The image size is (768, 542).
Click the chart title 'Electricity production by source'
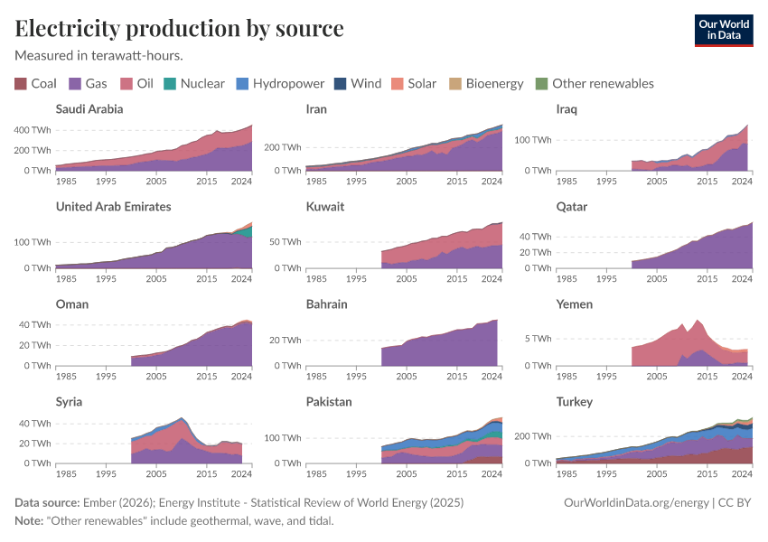pyautogui.click(x=179, y=29)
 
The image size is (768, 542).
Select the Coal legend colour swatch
pyautogui.click(x=21, y=84)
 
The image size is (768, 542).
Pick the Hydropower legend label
pyautogui.click(x=288, y=84)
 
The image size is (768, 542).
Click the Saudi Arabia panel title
pyautogui.click(x=89, y=109)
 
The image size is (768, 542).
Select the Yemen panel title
pyautogui.click(x=575, y=304)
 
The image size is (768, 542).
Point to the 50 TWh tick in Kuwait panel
pyautogui.click(x=286, y=243)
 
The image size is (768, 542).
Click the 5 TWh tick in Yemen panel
pyautogui.click(x=539, y=339)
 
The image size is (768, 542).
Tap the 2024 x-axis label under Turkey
pyautogui.click(x=742, y=472)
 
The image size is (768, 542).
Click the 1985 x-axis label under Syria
pyautogui.click(x=66, y=472)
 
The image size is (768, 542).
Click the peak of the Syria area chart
pyautogui.click(x=182, y=418)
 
